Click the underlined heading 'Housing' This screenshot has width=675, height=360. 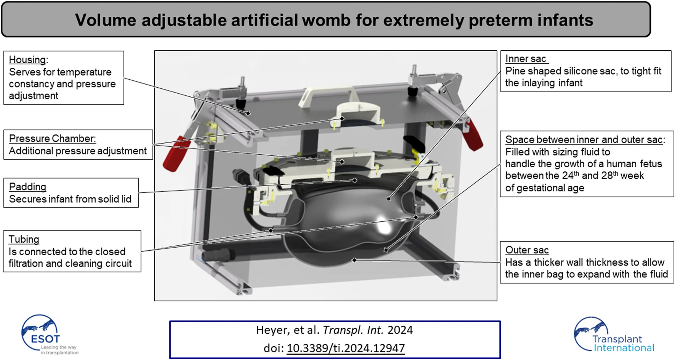27,60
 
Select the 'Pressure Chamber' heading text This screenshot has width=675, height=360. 52,139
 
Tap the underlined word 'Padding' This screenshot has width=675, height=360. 27,187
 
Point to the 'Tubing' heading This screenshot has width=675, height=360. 24,239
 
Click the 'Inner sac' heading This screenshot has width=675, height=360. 526,59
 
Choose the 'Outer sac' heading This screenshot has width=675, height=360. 527,250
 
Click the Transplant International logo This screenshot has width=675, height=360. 614,335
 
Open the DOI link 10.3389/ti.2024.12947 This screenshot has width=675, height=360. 345,348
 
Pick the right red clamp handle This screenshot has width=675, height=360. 473,135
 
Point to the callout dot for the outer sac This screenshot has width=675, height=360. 354,260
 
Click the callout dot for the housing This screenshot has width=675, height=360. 248,113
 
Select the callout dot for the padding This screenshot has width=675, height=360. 355,180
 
